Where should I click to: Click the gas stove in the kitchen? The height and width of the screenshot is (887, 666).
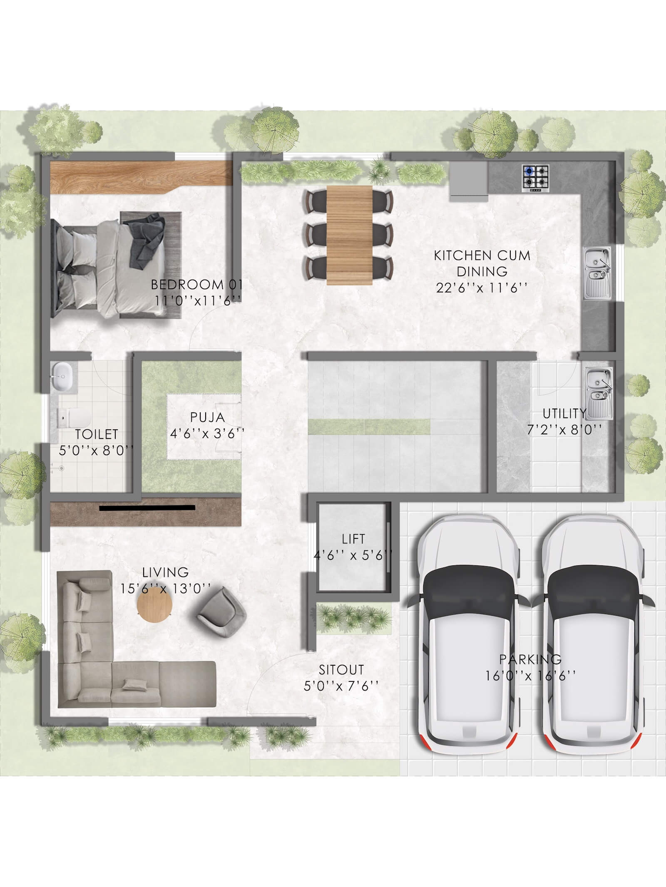click(536, 179)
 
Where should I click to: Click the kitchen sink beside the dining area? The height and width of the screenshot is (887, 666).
click(598, 273)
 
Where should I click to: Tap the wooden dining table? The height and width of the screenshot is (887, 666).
click(349, 235)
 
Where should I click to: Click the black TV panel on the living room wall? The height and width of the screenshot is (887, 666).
click(147, 507)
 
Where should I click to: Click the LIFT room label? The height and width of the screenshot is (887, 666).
click(353, 539)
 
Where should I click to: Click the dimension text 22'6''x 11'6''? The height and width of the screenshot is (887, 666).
click(482, 288)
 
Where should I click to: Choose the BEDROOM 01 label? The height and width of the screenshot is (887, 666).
click(196, 285)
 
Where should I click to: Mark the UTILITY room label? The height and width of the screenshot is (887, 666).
click(565, 414)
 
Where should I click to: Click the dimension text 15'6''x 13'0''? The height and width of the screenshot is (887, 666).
click(165, 588)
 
